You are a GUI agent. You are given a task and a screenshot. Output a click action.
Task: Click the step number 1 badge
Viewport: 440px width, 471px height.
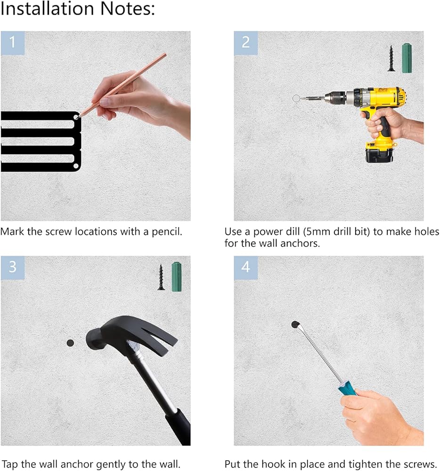tap(12, 43)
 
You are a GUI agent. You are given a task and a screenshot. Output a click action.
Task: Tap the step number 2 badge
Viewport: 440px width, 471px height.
tap(246, 43)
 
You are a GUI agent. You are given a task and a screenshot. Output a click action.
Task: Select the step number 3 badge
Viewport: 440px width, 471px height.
tap(12, 268)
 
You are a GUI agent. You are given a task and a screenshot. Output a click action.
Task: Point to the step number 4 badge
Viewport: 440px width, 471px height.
tap(246, 268)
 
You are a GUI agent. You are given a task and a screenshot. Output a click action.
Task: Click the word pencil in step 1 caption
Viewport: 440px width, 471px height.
tap(167, 232)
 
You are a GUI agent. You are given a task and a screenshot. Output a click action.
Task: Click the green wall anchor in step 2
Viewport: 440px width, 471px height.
tap(407, 58)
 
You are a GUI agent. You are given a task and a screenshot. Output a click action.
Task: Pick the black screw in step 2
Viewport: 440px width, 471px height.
tap(391, 58)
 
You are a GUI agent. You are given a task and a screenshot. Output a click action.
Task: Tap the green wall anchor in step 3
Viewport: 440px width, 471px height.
tap(177, 276)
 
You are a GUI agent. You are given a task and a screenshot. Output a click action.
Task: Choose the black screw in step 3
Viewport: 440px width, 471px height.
tap(161, 277)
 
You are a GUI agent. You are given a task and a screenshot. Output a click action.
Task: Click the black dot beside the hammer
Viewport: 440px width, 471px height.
tap(70, 343)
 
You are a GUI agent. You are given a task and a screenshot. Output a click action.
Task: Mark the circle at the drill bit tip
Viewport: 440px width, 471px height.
tap(296, 98)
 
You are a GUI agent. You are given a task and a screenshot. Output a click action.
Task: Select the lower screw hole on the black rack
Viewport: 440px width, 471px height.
tap(76, 166)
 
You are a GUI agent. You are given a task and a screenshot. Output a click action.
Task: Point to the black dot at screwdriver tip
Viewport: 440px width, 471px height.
tap(295, 325)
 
